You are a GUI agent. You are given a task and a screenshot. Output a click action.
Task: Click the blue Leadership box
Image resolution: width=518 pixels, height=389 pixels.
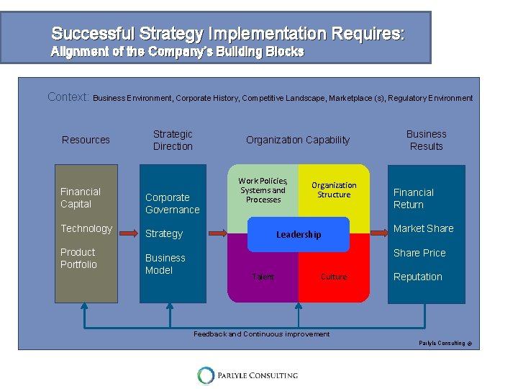[x=299, y=234]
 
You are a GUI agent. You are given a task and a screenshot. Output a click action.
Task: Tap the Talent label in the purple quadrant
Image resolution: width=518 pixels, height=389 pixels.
[x=263, y=277]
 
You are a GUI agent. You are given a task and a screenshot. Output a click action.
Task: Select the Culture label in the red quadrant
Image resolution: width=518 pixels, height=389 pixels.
[x=334, y=277]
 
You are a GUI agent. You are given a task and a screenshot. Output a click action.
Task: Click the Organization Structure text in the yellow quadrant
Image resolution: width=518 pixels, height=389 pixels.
[x=334, y=189]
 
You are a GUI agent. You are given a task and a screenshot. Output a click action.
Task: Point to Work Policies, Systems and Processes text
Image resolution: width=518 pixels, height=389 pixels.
[x=263, y=190]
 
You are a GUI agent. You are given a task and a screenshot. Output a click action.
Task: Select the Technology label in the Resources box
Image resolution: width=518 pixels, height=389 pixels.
[x=86, y=228]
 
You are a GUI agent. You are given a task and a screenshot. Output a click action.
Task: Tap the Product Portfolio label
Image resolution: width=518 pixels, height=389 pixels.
[x=78, y=258]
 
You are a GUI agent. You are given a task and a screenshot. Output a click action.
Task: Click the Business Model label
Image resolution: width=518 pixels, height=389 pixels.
[x=165, y=264]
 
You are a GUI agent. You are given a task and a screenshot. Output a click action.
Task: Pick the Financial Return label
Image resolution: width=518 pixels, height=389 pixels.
[x=414, y=198]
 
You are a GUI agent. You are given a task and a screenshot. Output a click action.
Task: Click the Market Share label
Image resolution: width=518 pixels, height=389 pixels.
[x=423, y=228]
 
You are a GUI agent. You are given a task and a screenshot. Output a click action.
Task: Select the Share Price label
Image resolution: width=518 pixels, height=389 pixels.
[x=419, y=253]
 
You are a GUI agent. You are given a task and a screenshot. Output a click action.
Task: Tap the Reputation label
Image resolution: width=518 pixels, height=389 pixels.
[x=418, y=277]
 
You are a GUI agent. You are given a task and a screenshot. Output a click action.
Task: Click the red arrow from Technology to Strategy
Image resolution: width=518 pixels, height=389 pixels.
[x=128, y=233]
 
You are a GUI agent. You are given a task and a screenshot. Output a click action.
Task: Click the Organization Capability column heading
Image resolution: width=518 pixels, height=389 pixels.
[x=298, y=140]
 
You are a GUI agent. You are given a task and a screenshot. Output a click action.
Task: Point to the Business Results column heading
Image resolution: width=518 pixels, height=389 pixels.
[x=427, y=140]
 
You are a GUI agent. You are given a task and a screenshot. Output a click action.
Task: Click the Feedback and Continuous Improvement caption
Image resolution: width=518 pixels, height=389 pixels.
[x=262, y=334]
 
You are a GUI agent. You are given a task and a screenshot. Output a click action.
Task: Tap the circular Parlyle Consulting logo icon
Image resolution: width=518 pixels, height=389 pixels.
[x=206, y=375]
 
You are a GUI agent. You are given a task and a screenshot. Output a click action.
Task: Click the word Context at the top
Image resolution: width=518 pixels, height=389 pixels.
[x=69, y=97]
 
